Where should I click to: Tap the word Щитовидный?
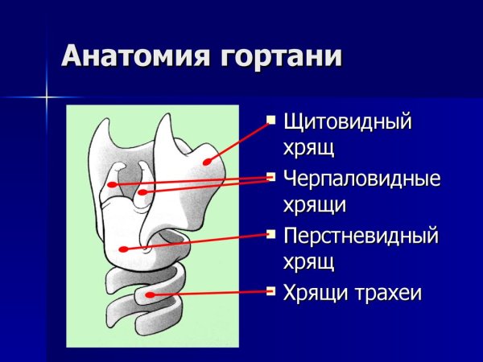click(347, 121)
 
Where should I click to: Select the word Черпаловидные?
click(361, 179)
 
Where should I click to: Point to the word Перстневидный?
click(360, 236)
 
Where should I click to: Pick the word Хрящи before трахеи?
click(311, 293)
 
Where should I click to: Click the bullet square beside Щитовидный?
click(270, 121)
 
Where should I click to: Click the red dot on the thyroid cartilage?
click(207, 162)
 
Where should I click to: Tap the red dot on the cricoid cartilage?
click(122, 249)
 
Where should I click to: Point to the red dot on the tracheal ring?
click(150, 298)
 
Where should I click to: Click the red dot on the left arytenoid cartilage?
click(114, 185)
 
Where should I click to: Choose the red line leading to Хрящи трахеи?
click(209, 294)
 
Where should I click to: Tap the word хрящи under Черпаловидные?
click(314, 204)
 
